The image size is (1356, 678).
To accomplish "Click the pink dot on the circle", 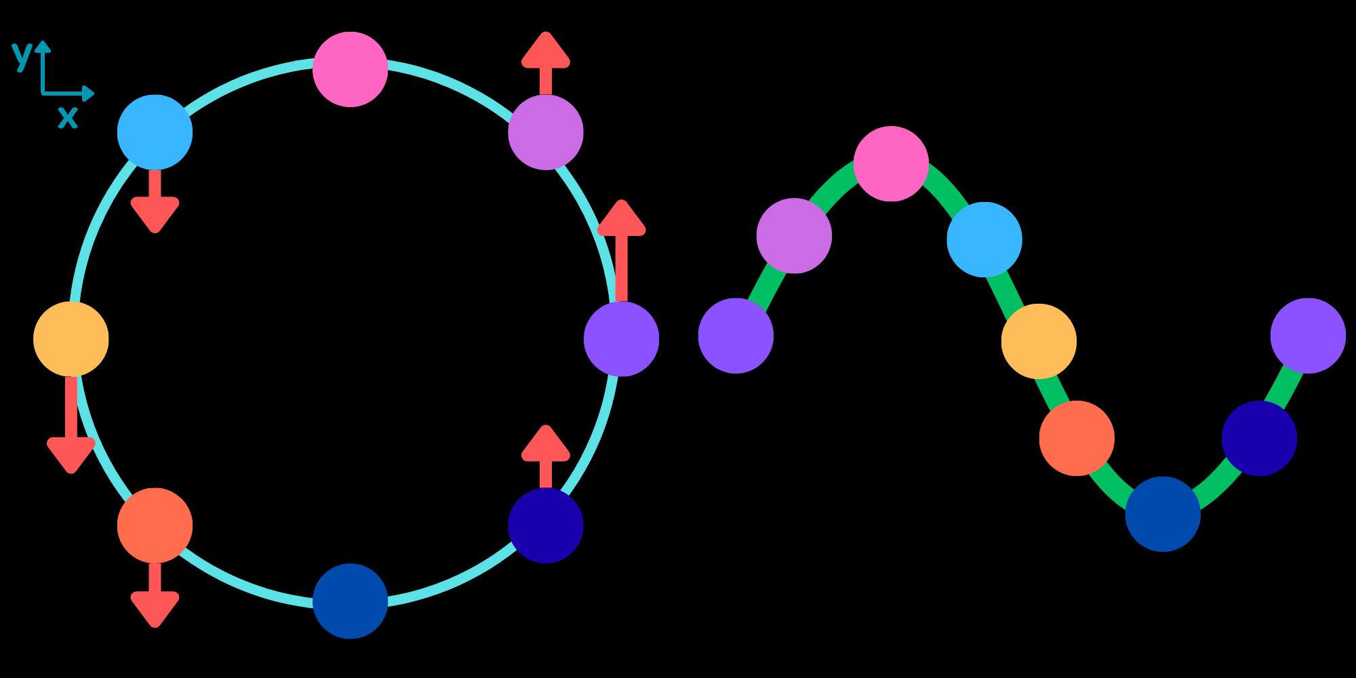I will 350,69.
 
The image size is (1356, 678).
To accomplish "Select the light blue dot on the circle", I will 155,132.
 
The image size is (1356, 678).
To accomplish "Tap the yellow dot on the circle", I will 71,339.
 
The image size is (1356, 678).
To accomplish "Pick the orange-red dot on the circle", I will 155,525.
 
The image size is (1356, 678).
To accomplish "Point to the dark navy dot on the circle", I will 546,525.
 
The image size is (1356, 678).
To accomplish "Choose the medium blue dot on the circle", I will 350,601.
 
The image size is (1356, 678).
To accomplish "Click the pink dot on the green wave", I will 891,163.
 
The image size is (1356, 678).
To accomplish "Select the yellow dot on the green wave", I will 1039,341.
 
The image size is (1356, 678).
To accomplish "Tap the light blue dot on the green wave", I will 984,239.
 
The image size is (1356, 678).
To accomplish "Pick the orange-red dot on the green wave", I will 1077,438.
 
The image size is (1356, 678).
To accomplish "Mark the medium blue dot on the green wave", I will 1163,514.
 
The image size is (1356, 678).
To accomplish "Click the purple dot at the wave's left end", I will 736,336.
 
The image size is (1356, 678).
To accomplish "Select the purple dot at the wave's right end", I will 1308,336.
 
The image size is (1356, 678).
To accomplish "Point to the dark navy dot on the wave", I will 1259,438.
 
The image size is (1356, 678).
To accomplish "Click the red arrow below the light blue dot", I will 155,203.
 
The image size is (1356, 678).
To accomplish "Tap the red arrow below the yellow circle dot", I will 71,427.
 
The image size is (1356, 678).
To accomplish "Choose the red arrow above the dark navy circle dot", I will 546,454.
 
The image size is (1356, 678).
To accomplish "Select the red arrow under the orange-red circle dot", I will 155,597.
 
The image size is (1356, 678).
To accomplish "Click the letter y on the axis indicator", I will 22,54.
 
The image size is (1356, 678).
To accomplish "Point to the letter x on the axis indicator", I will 68,117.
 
